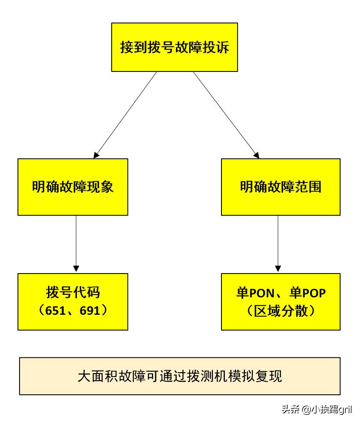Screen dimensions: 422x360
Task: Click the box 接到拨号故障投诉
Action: click(174, 47)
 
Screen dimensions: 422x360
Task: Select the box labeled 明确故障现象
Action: click(73, 187)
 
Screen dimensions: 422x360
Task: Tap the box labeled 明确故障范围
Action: click(281, 187)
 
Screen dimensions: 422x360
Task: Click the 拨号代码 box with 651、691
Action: click(73, 301)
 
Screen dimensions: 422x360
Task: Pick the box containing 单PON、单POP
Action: click(281, 301)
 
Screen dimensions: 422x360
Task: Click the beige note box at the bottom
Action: click(180, 376)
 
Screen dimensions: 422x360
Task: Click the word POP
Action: click(314, 293)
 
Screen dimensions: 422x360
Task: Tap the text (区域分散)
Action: click(281, 311)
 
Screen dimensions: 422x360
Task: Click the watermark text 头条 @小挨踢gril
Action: click(317, 409)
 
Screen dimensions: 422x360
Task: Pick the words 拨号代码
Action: click(73, 293)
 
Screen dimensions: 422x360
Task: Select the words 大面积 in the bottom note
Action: click(94, 376)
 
